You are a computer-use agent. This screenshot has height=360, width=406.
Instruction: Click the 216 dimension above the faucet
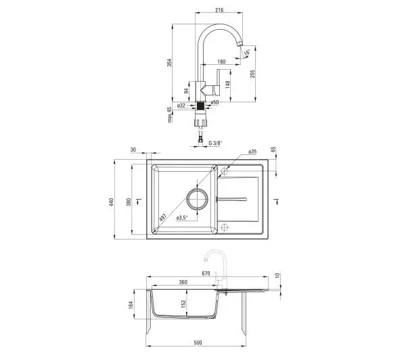[x=219, y=10]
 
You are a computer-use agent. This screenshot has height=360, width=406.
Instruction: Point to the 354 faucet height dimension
[x=169, y=62]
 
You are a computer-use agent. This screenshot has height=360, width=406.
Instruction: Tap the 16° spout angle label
[x=247, y=52]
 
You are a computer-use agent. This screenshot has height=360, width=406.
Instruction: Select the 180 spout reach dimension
[x=222, y=62]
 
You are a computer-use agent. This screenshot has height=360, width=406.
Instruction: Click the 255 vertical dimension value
[x=252, y=74]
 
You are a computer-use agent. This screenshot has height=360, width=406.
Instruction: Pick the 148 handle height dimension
[x=227, y=85]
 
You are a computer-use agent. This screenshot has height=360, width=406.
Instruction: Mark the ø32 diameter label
[x=181, y=106]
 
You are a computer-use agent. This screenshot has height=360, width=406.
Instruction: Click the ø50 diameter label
[x=215, y=102]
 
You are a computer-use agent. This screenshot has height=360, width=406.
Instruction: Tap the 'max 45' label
[x=169, y=115]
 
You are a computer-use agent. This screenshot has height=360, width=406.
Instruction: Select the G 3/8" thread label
[x=215, y=143]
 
